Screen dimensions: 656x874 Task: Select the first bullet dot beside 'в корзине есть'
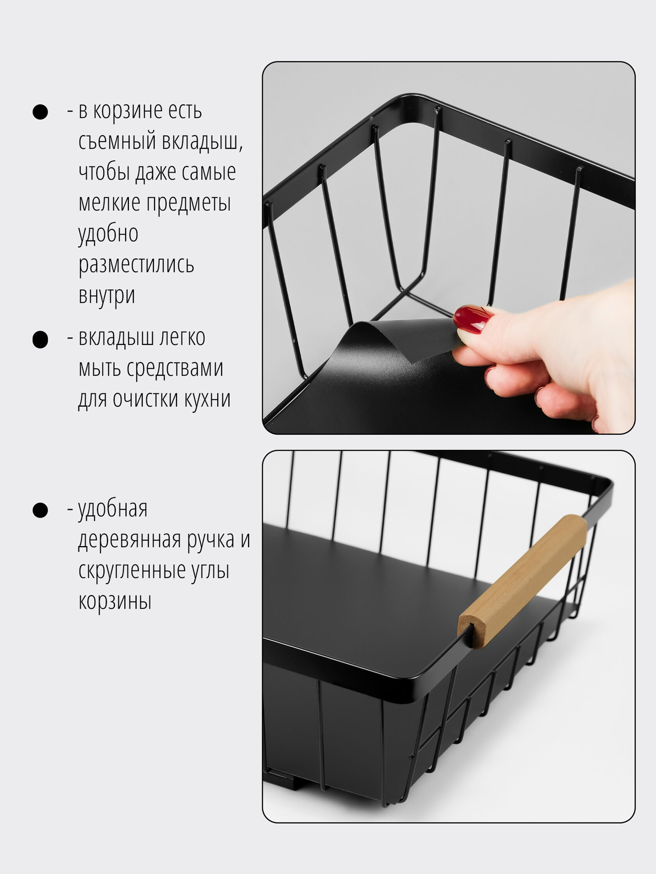(x=40, y=112)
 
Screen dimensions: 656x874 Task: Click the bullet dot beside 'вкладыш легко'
(x=40, y=340)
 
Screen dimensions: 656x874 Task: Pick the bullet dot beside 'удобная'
(x=40, y=510)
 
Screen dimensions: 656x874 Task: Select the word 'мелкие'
(x=109, y=203)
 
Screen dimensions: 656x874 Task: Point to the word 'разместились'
(x=136, y=265)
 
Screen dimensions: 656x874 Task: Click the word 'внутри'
(x=107, y=295)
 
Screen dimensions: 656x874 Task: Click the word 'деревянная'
(x=130, y=540)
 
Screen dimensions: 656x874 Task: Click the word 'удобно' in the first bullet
(x=108, y=233)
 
